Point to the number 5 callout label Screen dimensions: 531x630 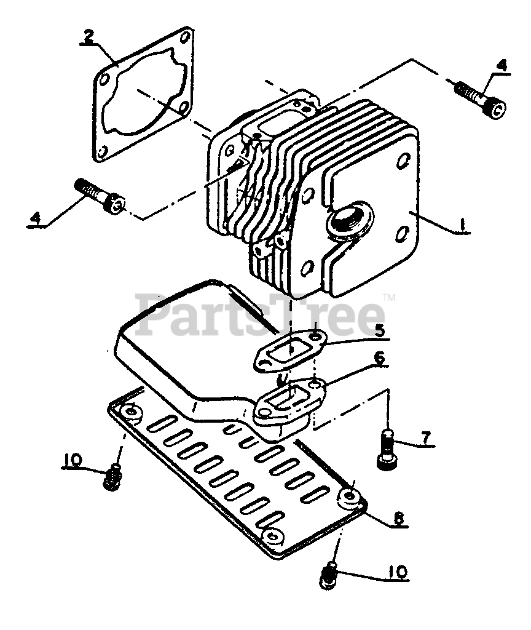click(380, 330)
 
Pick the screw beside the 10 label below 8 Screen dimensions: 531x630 click(330, 576)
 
